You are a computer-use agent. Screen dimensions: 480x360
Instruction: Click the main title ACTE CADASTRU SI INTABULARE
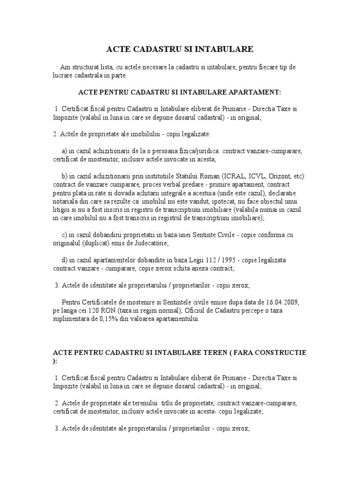coord(180,49)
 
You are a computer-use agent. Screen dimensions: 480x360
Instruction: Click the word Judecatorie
coord(165,244)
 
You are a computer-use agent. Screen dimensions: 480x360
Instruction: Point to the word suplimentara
coord(74,319)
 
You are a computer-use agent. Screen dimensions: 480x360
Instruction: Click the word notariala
coord(67,202)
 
